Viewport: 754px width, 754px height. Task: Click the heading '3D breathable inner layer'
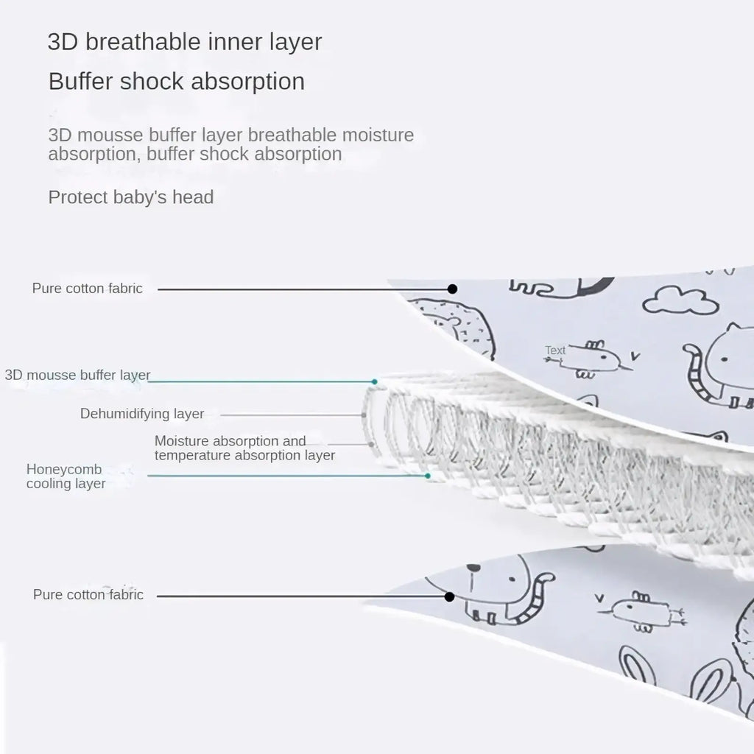point(185,42)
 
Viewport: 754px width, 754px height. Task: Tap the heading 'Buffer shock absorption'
point(177,82)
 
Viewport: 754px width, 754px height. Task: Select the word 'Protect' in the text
point(78,197)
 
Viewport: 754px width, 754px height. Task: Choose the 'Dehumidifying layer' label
point(142,414)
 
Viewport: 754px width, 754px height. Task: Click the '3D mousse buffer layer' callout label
point(77,375)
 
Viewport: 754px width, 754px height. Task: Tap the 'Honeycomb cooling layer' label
point(66,476)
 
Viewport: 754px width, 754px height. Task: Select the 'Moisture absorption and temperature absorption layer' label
point(244,448)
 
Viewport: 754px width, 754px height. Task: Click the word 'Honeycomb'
point(64,469)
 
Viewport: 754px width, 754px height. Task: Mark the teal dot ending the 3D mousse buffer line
point(375,382)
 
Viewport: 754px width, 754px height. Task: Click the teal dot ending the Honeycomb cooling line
point(428,476)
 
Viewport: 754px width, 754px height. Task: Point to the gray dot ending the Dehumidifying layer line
point(364,415)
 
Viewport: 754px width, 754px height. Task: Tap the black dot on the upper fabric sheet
point(453,289)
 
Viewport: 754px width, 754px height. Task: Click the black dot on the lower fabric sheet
point(450,596)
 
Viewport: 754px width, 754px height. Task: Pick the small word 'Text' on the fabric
point(555,350)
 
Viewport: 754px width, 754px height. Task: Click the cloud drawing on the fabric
point(680,300)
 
